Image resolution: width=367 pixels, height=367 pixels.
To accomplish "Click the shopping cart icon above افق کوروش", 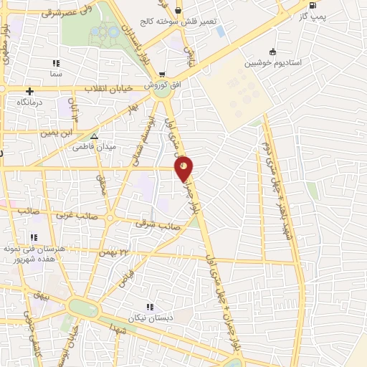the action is [x=163, y=74].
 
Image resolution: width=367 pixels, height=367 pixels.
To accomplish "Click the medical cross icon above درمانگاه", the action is [x=29, y=91].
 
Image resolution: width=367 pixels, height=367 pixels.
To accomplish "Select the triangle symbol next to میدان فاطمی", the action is [x=94, y=135].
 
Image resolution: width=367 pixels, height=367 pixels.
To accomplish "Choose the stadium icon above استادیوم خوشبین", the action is [x=272, y=52].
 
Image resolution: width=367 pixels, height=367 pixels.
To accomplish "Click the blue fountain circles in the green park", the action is [x=108, y=32].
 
